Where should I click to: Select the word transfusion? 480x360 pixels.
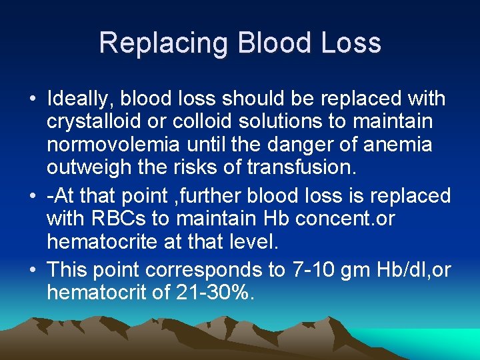pyautogui.click(x=301, y=167)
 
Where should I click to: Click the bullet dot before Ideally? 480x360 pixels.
pyautogui.click(x=33, y=100)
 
